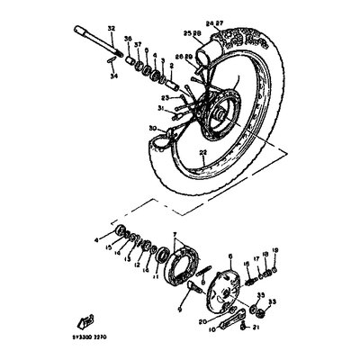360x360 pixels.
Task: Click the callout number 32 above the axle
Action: point(112,31)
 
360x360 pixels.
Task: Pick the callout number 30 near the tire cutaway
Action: point(151,128)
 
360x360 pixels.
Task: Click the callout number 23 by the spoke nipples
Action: point(166,96)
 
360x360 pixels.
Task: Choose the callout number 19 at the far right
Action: point(275,249)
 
